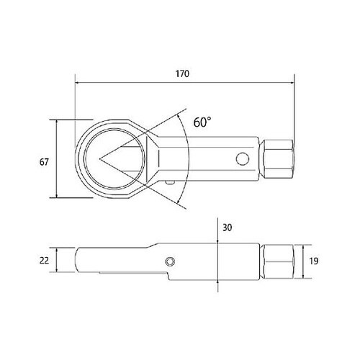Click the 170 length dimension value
pos(182,73)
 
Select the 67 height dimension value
pos(44,162)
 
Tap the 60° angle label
pos(202,122)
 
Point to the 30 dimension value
pos(227,228)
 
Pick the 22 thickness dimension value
pos(44,261)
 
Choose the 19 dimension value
pos(314,261)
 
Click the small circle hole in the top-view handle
pos(243,159)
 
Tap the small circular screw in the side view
pos(170,261)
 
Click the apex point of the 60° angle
pos(99,158)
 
